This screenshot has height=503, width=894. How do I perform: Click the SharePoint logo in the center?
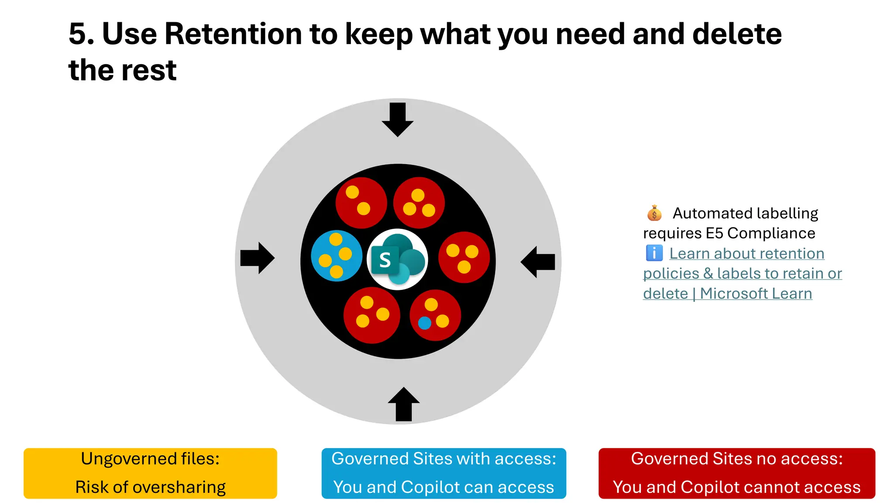click(397, 259)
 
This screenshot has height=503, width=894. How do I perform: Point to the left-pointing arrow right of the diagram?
click(538, 262)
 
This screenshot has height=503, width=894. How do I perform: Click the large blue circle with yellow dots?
click(337, 256)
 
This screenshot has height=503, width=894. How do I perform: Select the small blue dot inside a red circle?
click(424, 323)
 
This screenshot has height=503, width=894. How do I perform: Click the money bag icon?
click(654, 213)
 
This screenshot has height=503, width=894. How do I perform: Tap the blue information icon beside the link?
click(654, 253)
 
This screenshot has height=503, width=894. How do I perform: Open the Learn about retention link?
click(746, 254)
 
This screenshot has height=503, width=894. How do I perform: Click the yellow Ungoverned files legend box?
click(150, 473)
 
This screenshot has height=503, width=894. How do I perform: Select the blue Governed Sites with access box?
click(444, 473)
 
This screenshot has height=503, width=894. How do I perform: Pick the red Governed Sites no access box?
click(736, 473)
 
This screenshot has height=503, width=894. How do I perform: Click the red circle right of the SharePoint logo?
click(464, 258)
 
